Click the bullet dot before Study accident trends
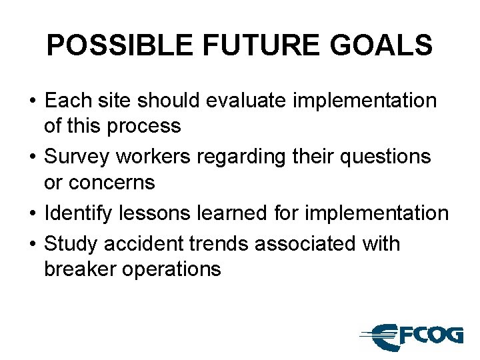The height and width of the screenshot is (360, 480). pos(33,245)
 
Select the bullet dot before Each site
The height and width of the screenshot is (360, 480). pos(33,102)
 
